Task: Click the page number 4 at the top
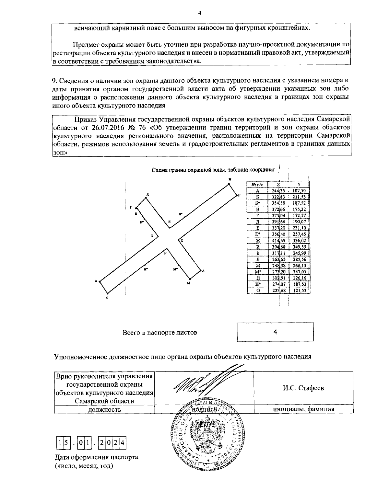[x=200, y=13]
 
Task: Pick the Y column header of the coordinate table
[x=299, y=184]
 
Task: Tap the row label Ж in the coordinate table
[x=258, y=241]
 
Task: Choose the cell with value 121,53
[x=299, y=291]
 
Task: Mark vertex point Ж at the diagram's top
[x=229, y=184]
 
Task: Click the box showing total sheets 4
[x=275, y=332]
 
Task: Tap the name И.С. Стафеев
[x=303, y=388]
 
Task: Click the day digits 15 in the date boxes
[x=63, y=441]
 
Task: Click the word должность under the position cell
[x=104, y=409]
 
